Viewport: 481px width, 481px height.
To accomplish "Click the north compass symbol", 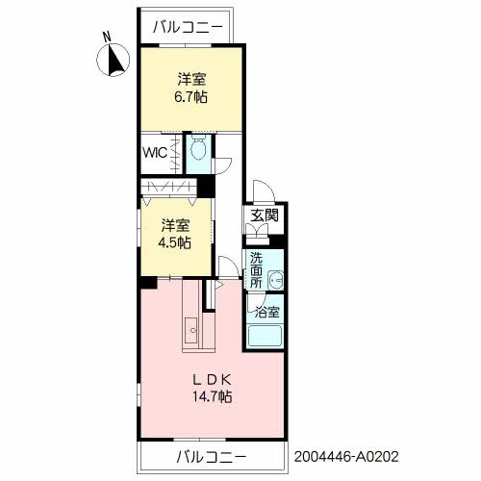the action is tap(113, 60).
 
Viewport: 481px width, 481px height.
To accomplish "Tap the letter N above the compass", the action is tap(107, 37).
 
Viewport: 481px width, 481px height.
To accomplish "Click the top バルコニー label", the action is tap(188, 27).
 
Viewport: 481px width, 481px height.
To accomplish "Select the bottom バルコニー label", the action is tap(212, 456).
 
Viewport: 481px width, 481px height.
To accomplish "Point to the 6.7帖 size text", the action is tap(190, 96).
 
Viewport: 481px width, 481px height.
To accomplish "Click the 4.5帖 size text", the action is tap(174, 242).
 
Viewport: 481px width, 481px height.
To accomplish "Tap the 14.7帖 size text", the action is tap(212, 397).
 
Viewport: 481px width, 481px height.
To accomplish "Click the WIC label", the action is tap(155, 153).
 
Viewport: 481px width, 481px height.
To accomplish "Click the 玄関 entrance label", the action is tap(265, 215).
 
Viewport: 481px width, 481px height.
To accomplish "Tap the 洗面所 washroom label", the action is tap(256, 270).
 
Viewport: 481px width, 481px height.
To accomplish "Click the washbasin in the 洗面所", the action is tap(275, 279).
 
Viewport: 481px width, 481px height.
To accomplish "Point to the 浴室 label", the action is tap(267, 312).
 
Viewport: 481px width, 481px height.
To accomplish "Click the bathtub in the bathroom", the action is tap(266, 336).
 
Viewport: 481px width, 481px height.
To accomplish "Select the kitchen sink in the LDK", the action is tap(191, 330).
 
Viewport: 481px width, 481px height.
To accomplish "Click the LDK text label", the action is tap(212, 380).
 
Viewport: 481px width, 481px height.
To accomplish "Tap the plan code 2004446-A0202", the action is tap(346, 456).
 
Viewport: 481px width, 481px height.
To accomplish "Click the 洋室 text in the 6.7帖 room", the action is tap(191, 79).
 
